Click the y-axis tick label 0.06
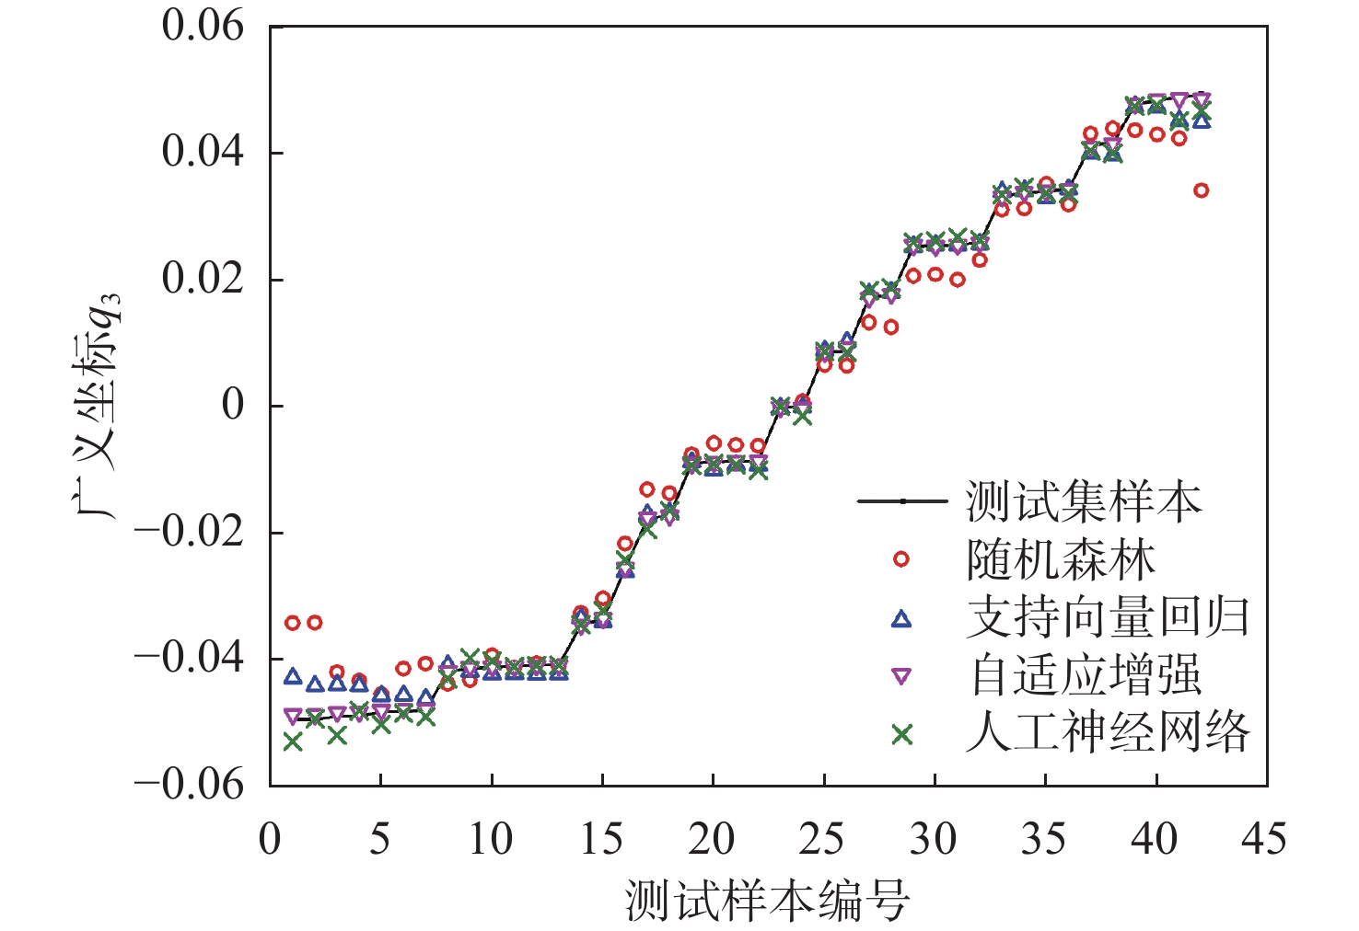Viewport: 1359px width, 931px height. click(203, 26)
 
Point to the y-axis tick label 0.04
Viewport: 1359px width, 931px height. click(203, 152)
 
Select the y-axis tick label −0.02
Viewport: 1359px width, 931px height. click(191, 533)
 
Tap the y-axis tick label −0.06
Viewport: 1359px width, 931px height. click(191, 785)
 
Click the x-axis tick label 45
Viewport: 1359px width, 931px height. click(1265, 840)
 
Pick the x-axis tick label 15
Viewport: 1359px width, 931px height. click(601, 840)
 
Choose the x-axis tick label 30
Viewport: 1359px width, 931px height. click(934, 840)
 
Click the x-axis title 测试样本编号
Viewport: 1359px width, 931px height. click(768, 900)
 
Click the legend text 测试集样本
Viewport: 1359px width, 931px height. click(1084, 502)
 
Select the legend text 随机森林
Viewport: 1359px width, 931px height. click(1061, 560)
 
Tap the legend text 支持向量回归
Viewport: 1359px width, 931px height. click(1108, 618)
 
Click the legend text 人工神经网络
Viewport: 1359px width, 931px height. click(1108, 734)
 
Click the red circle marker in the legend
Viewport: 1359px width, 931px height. click(901, 559)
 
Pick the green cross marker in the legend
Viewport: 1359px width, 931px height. click(901, 734)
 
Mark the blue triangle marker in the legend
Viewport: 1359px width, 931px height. click(901, 619)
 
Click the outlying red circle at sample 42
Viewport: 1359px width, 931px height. click(1201, 190)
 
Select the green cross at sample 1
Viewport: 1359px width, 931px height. click(293, 741)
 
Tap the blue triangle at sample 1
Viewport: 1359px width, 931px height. click(293, 677)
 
